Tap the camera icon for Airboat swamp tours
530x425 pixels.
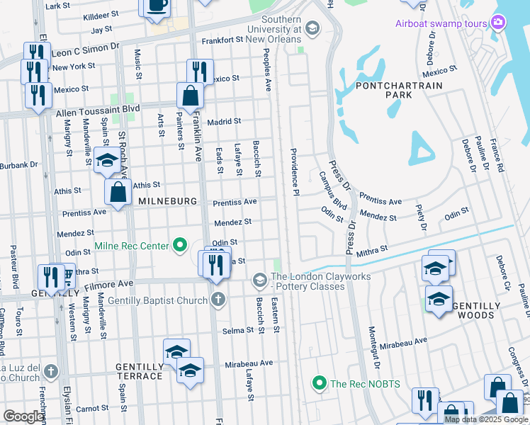click(498, 23)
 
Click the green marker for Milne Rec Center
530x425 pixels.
click(181, 246)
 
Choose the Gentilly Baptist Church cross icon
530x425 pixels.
click(218, 300)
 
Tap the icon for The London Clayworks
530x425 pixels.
click(259, 281)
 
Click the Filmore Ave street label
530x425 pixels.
click(106, 283)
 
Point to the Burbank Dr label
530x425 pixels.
click(18, 165)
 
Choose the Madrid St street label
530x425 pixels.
click(224, 121)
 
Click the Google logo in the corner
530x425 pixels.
click(24, 416)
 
